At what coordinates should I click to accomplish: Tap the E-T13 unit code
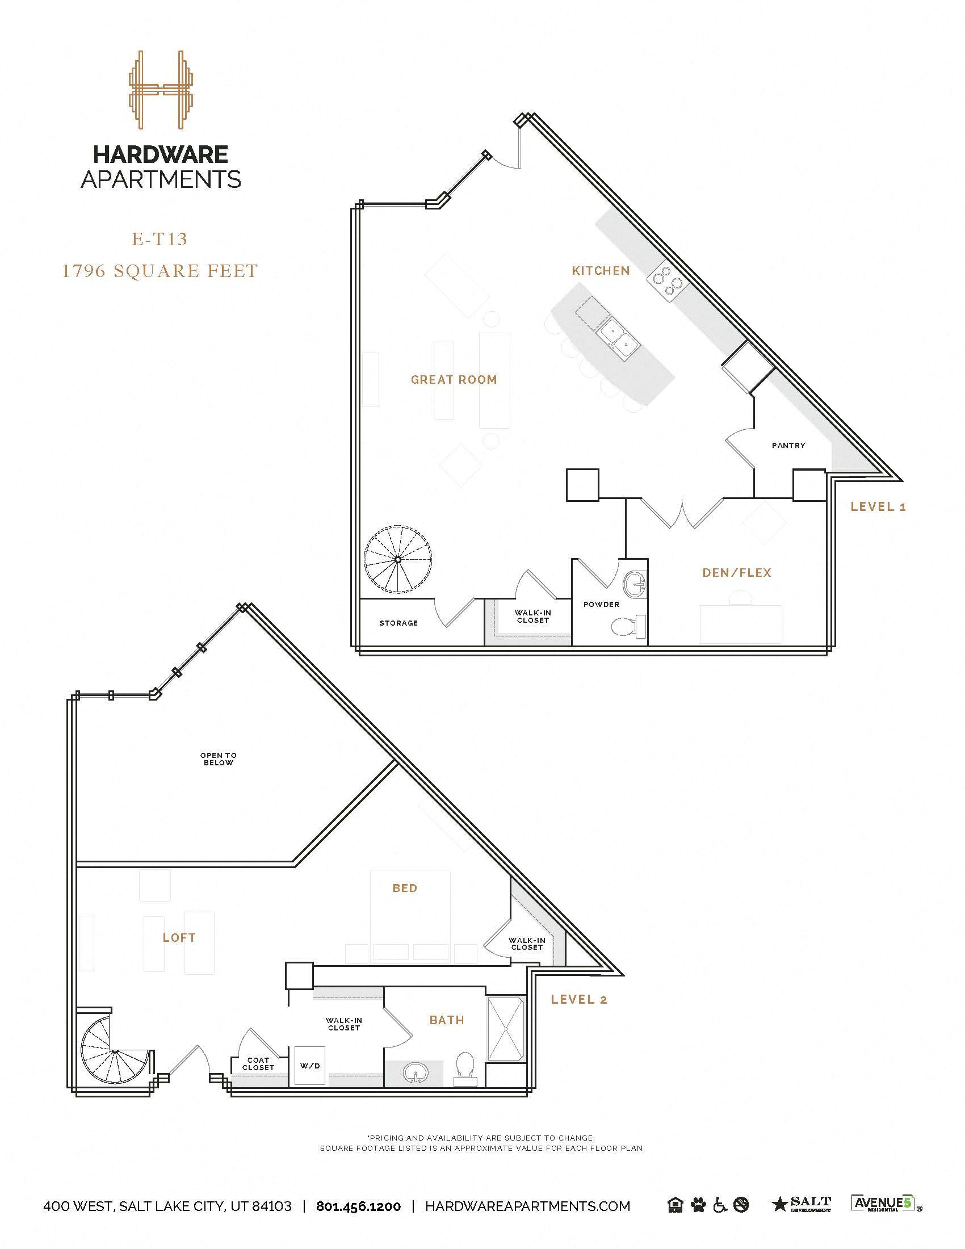(160, 239)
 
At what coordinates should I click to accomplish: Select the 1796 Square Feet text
(160, 270)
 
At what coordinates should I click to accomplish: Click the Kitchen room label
(601, 270)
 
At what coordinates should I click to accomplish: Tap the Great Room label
(454, 379)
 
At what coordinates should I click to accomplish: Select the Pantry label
(788, 445)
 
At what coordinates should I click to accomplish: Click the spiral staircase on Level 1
(397, 560)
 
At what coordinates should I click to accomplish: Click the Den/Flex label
(737, 572)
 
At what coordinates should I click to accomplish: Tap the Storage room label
(398, 623)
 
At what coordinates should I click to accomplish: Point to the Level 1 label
(878, 506)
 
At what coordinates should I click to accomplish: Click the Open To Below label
(219, 759)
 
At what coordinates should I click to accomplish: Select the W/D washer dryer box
(310, 1066)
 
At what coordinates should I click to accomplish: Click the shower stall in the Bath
(505, 1029)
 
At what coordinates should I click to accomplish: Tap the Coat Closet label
(258, 1064)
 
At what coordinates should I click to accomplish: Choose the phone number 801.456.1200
(358, 1206)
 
